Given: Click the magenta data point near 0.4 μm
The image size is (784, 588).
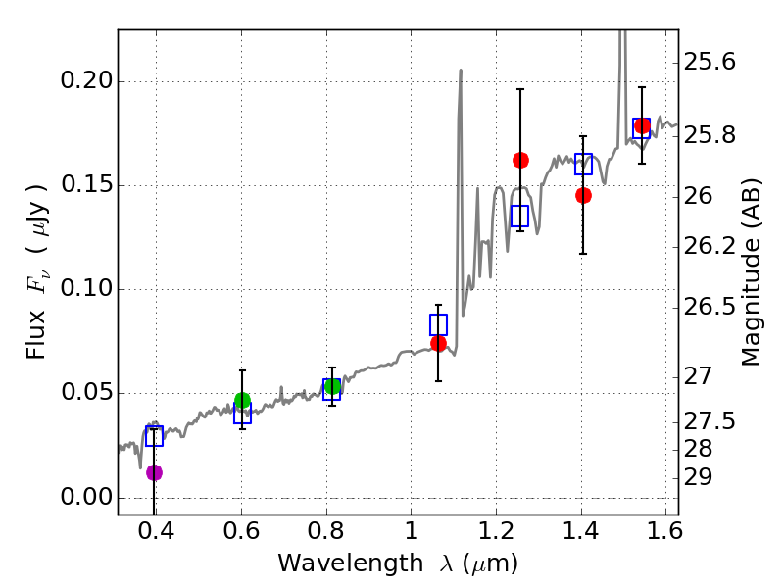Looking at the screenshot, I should click(x=154, y=472).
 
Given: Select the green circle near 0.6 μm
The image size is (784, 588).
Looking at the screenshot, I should click(x=242, y=400).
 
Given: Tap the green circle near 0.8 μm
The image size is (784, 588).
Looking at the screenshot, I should click(x=332, y=386).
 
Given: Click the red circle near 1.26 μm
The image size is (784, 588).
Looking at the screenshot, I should click(x=520, y=160).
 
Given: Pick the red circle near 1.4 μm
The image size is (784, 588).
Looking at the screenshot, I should click(x=583, y=195).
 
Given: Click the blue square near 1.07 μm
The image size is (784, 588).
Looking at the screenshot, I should click(x=438, y=324).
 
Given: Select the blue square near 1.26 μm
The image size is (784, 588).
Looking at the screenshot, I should click(x=519, y=216).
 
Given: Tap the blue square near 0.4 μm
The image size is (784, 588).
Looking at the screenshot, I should click(x=154, y=436).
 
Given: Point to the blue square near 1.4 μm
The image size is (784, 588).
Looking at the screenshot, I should click(x=583, y=164).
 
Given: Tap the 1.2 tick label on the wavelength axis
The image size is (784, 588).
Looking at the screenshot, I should click(x=496, y=534).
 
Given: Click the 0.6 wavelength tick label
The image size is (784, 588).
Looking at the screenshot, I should click(x=241, y=534).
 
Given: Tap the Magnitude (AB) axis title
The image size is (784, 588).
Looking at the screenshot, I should click(x=752, y=271).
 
